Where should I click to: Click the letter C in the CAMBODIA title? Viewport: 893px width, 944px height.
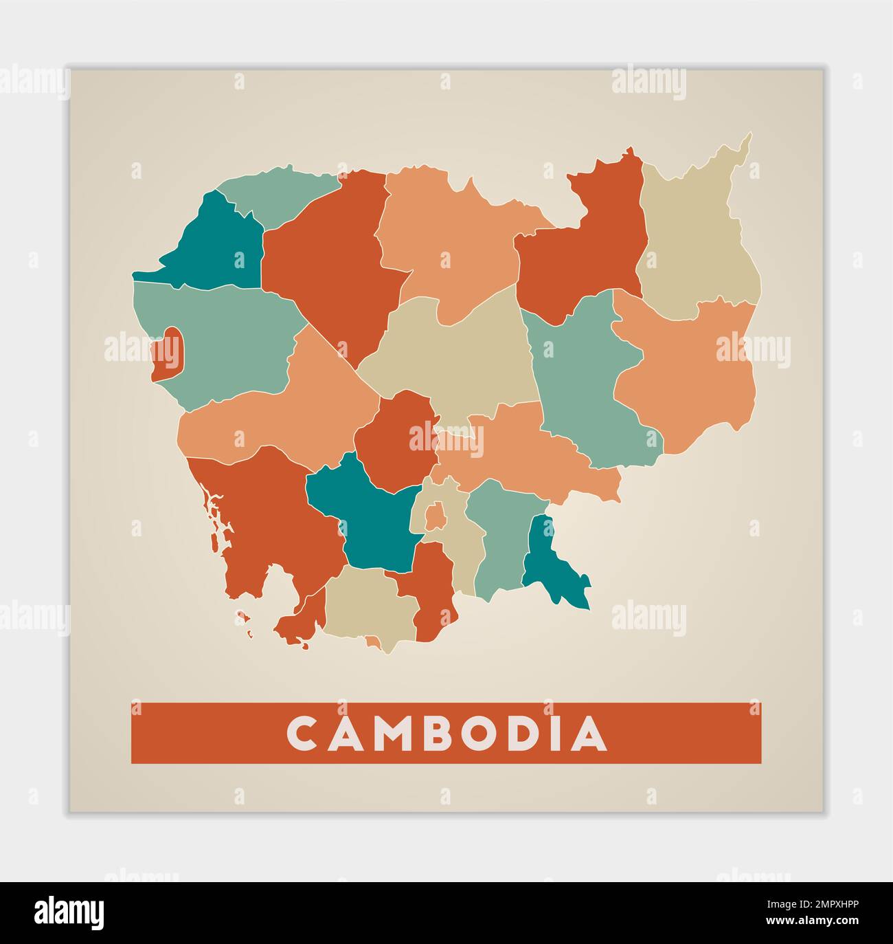(300, 734)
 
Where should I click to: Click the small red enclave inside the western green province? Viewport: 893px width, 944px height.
(167, 353)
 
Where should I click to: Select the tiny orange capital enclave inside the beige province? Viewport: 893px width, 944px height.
(435, 516)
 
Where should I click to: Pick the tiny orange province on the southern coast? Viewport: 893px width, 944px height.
(372, 642)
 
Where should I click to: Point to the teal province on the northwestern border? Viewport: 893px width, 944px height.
(218, 244)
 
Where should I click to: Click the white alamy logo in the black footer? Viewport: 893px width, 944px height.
(69, 912)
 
